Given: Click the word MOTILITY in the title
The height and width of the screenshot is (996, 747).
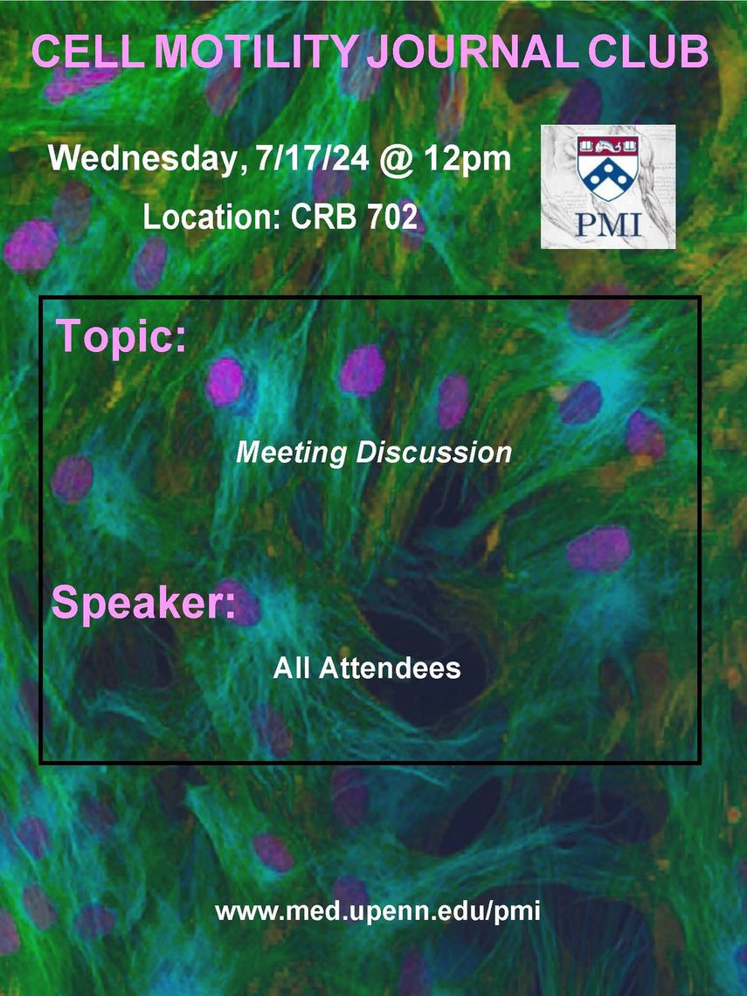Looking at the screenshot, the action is (255, 52).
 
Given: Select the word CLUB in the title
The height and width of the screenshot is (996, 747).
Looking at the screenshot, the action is (647, 52).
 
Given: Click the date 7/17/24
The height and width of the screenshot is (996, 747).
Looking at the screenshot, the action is (312, 157).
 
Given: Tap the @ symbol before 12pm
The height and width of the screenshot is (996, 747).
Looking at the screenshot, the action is (397, 159).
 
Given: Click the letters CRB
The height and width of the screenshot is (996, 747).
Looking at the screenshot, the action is (322, 217).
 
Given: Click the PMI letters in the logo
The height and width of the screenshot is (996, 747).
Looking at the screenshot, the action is (609, 225).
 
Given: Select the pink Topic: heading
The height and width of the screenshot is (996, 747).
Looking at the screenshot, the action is (121, 335).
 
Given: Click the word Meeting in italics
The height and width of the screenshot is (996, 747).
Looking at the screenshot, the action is (292, 453).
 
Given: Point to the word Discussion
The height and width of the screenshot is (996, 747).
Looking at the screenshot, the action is (434, 453).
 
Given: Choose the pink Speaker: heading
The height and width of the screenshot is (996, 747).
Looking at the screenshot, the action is (143, 604).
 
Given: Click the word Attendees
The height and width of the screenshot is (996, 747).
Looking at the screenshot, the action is (390, 667).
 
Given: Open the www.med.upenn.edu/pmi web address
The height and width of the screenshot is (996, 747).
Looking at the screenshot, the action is (378, 912).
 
